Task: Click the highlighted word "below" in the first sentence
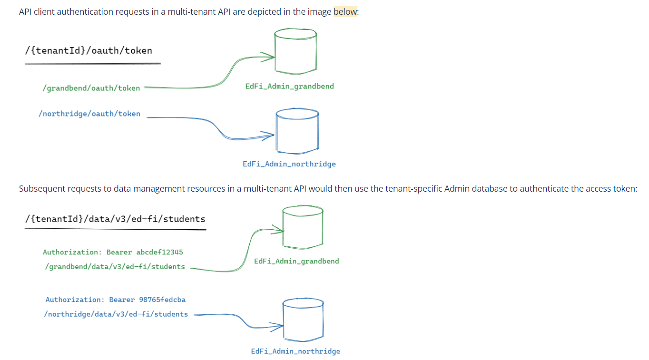pos(345,12)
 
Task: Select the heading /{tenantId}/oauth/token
pos(88,50)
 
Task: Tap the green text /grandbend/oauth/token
pos(91,88)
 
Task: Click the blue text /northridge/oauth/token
pos(89,114)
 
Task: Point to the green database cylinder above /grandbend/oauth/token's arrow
pos(295,50)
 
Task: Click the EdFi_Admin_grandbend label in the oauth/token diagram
pos(289,86)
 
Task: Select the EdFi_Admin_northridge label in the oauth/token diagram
pos(289,164)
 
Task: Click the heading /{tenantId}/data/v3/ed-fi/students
pos(115,219)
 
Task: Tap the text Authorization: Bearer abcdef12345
pos(113,252)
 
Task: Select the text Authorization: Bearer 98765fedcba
pos(116,300)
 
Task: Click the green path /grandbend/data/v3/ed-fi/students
pos(115,267)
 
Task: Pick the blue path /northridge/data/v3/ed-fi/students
pos(116,314)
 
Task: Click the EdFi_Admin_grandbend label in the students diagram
pos(296,261)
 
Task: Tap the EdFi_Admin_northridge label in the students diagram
pos(295,351)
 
